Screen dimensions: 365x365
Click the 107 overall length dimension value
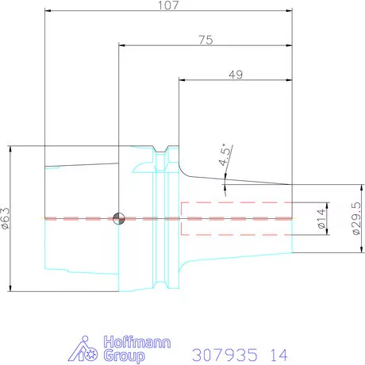(168, 6)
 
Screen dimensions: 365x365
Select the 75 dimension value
(206, 40)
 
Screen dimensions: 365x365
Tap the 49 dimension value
(236, 75)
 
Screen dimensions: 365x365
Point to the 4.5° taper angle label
(225, 155)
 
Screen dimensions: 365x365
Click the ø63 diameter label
(5, 218)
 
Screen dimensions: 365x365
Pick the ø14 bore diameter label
(321, 218)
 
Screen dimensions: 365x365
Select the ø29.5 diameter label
(356, 218)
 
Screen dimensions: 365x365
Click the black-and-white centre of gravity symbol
(119, 219)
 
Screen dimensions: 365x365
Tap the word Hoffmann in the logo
(137, 342)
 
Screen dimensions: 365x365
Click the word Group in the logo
(124, 355)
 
